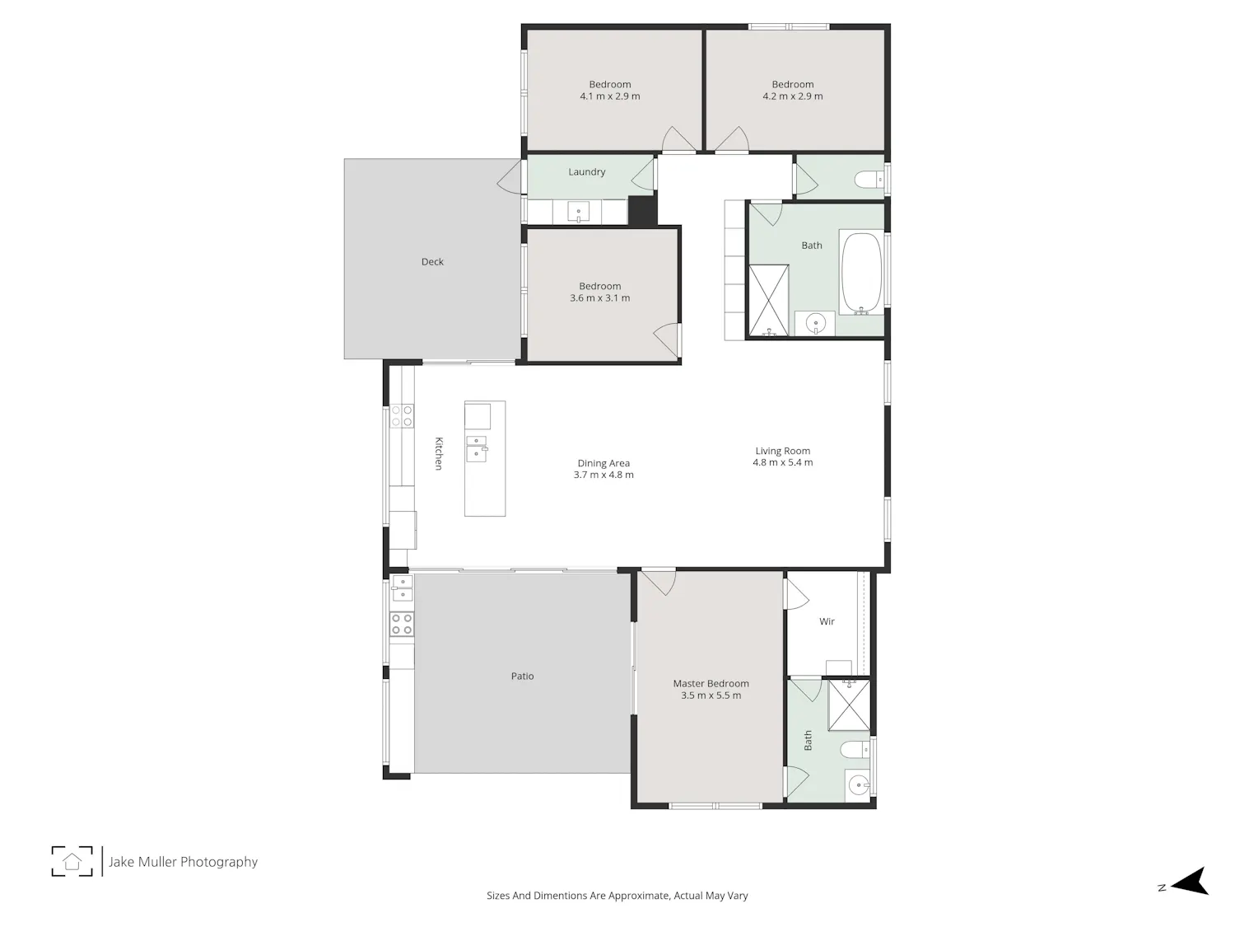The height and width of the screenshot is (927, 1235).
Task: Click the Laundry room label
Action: pyautogui.click(x=586, y=171)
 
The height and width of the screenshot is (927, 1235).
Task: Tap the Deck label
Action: pyautogui.click(x=432, y=262)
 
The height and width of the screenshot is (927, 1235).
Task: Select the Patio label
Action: pyautogui.click(x=522, y=676)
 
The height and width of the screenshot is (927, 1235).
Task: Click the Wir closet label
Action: pyautogui.click(x=827, y=621)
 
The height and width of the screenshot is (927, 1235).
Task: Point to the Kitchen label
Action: pyautogui.click(x=439, y=453)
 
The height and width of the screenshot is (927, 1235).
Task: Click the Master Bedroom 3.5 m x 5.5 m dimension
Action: pyautogui.click(x=711, y=695)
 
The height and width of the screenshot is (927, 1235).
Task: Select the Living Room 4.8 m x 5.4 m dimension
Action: pyautogui.click(x=783, y=462)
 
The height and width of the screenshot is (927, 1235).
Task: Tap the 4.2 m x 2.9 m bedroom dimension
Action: pyautogui.click(x=792, y=96)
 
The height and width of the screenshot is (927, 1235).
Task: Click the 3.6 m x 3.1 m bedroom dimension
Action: pyautogui.click(x=599, y=297)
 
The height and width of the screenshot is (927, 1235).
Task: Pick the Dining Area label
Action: pyautogui.click(x=604, y=463)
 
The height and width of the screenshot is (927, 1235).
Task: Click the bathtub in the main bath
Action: pyautogui.click(x=861, y=273)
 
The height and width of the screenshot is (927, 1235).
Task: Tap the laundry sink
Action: pyautogui.click(x=578, y=213)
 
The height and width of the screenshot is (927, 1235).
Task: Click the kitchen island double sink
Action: pyautogui.click(x=477, y=448)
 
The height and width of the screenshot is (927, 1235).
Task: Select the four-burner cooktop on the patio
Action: pyautogui.click(x=402, y=625)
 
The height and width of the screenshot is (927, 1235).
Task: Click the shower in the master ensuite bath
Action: pyautogui.click(x=849, y=705)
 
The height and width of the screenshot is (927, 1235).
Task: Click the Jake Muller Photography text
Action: pyautogui.click(x=183, y=862)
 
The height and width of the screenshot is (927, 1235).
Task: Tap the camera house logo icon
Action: pyautogui.click(x=72, y=861)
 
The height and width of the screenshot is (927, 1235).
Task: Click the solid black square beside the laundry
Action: pyautogui.click(x=642, y=210)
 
